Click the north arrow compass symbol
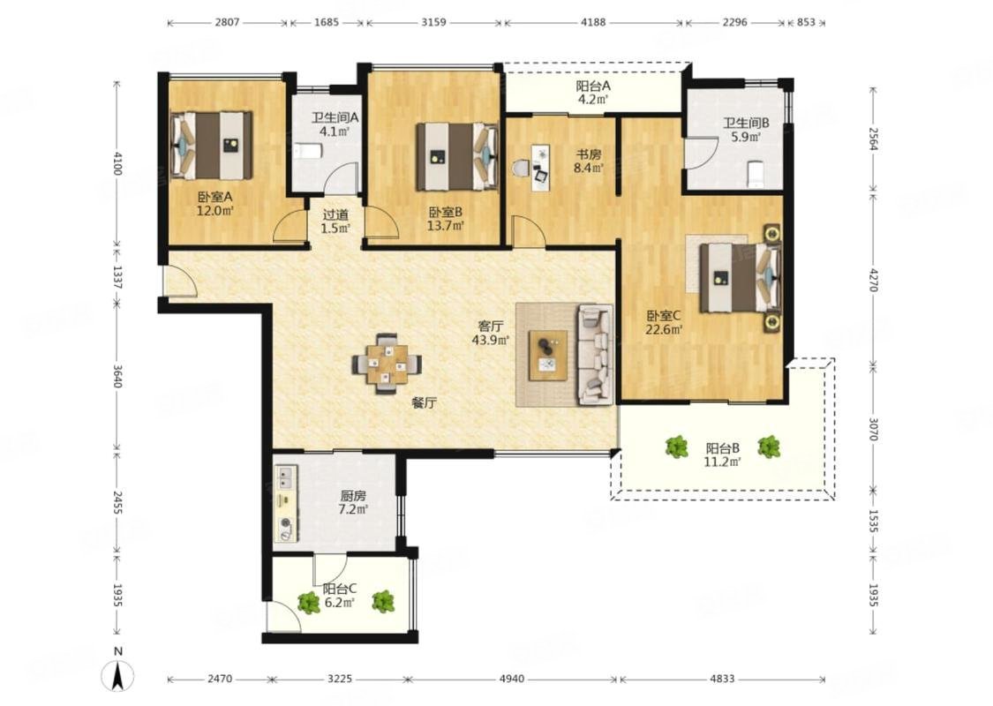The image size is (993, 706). click(117, 675)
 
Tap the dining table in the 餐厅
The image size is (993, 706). click(387, 364)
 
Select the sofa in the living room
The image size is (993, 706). click(595, 355)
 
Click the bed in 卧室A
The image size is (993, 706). click(212, 146)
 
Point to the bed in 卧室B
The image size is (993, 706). click(456, 156)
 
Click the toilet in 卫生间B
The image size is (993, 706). click(756, 174)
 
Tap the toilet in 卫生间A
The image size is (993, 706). click(308, 151)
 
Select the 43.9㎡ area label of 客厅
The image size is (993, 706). click(490, 341)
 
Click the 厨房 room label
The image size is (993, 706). click(353, 496)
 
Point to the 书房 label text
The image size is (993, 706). click(588, 154)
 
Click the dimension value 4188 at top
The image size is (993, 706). click(593, 22)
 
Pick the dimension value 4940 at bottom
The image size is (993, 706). click(512, 679)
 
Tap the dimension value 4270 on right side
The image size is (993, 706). click(873, 280)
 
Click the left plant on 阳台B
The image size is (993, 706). click(677, 447)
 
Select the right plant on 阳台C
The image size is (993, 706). click(382, 601)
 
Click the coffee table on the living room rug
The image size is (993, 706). click(548, 356)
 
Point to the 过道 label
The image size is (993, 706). click(335, 215)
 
